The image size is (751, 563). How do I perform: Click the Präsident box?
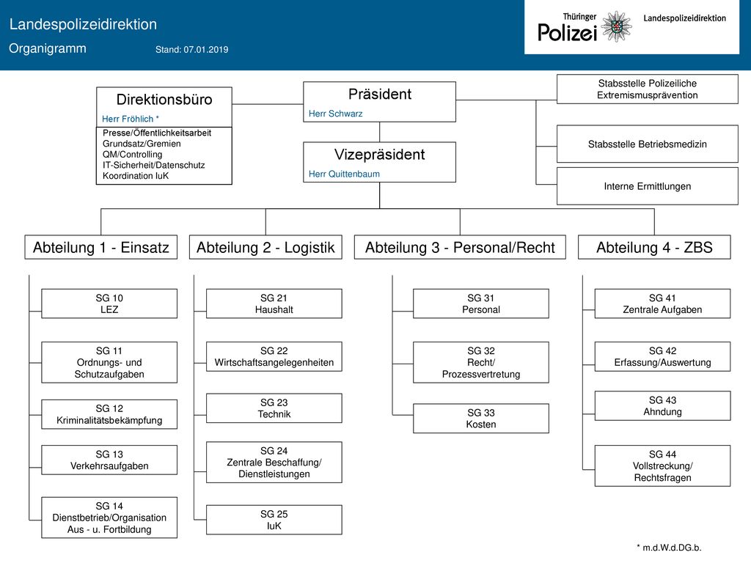pyautogui.click(x=379, y=101)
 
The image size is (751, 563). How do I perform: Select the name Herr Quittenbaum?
pyautogui.click(x=344, y=174)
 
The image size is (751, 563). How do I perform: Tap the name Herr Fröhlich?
pyautogui.click(x=128, y=119)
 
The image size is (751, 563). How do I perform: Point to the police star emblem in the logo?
pyautogui.click(x=616, y=26)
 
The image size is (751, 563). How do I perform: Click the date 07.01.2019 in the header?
pyautogui.click(x=206, y=49)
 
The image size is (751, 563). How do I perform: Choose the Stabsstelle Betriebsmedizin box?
pyautogui.click(x=647, y=144)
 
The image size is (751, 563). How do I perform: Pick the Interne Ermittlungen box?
pyautogui.click(x=647, y=186)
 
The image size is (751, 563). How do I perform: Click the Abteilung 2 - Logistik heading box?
pyautogui.click(x=265, y=247)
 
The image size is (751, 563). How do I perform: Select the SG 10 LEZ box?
pyautogui.click(x=109, y=303)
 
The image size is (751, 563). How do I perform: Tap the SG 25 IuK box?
pyautogui.click(x=274, y=520)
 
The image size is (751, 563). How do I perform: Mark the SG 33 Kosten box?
pyautogui.click(x=481, y=419)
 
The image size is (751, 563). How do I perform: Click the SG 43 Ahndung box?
pyautogui.click(x=662, y=406)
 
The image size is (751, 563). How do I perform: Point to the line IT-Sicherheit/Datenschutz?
pyautogui.click(x=153, y=165)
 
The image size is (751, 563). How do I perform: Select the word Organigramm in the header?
pyautogui.click(x=48, y=48)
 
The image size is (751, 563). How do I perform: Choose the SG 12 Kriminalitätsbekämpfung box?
pyautogui.click(x=109, y=414)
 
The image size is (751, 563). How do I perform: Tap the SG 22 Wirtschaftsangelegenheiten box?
pyautogui.click(x=274, y=357)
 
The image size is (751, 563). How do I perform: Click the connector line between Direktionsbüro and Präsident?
pyautogui.click(x=268, y=104)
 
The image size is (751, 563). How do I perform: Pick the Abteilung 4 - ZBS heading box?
pyautogui.click(x=654, y=247)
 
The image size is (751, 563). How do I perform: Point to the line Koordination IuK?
pyautogui.click(x=136, y=176)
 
